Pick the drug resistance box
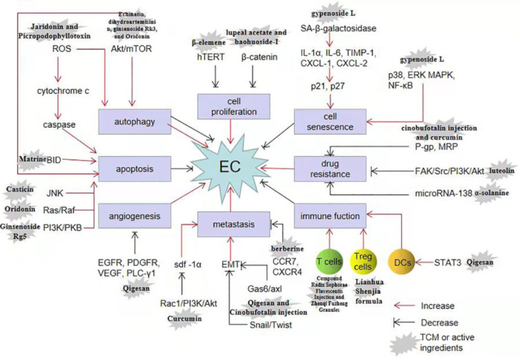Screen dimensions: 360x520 pyautogui.click(x=330, y=168)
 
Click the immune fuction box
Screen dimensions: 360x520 pyautogui.click(x=330, y=217)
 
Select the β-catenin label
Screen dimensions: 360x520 pyautogui.click(x=259, y=56)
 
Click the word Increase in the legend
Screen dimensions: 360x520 pyautogui.click(x=438, y=306)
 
